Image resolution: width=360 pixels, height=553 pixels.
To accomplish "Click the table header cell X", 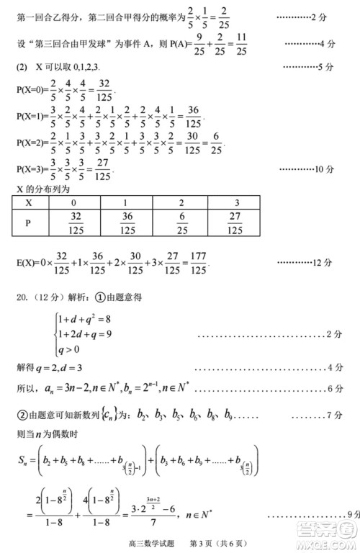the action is click(30, 203).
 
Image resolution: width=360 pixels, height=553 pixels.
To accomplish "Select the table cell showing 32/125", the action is click(74, 223).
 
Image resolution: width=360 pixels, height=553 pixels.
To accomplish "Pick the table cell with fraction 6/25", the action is click(181, 223).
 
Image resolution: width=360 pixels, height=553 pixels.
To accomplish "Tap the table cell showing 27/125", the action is click(235, 223).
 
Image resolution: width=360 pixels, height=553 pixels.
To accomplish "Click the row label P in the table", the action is click(29, 223).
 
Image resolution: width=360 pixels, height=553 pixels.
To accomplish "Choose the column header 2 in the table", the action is click(181, 203).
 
